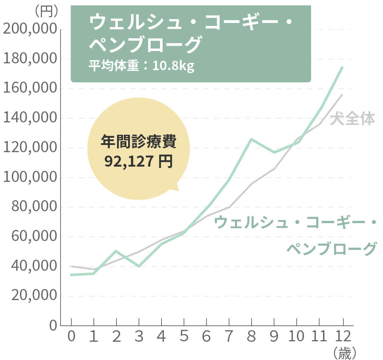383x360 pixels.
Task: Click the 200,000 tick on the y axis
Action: [x=29, y=29]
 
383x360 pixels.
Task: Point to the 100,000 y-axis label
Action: [x=29, y=178]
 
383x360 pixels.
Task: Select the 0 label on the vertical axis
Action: [x=53, y=326]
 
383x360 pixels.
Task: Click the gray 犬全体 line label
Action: [x=352, y=119]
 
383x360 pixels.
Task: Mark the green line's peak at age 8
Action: [x=251, y=139]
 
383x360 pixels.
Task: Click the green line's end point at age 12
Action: [x=342, y=67]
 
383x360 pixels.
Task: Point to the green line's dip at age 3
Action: [x=139, y=266]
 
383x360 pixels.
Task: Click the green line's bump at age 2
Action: [x=116, y=251]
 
